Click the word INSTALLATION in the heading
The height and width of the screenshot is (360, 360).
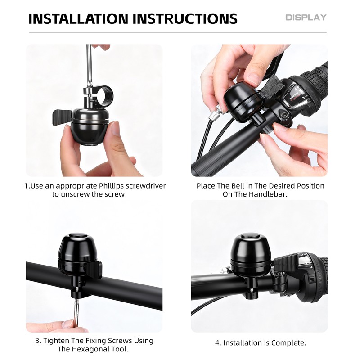(78, 18)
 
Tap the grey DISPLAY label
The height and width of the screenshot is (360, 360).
(306, 18)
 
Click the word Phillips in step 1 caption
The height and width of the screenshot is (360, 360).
(112, 186)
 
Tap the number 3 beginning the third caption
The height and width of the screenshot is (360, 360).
(38, 341)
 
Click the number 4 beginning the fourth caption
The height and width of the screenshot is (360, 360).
(218, 343)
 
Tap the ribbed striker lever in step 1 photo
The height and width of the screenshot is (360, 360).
(62, 117)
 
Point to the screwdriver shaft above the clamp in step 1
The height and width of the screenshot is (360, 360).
(89, 65)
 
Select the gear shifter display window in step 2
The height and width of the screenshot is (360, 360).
(296, 96)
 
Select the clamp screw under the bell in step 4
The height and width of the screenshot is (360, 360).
(252, 290)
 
